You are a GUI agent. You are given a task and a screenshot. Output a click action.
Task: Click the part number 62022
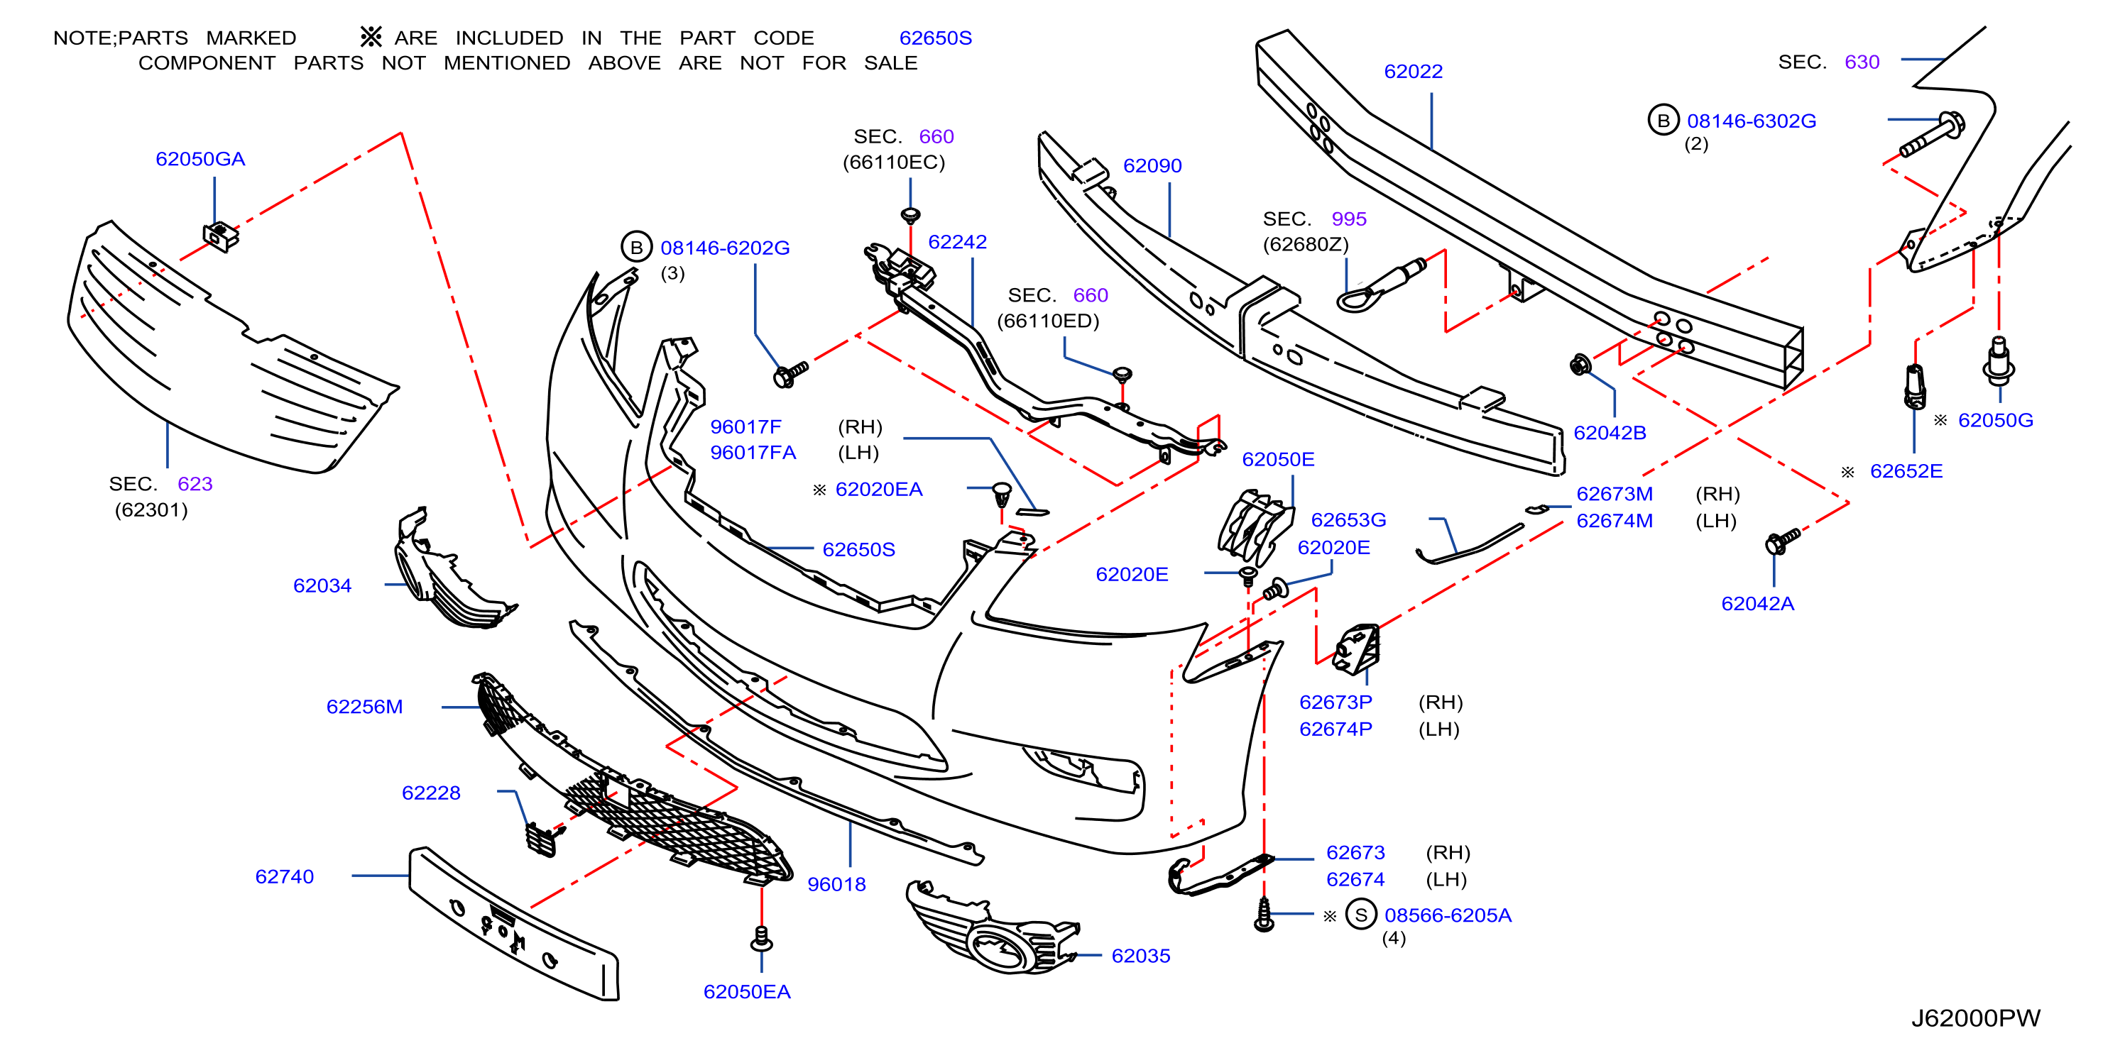pos(1413,72)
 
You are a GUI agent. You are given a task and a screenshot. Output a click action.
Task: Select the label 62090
pos(1152,166)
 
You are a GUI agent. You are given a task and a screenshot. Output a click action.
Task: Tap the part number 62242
pos(957,241)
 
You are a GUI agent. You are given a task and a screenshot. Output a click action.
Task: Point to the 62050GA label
pos(200,159)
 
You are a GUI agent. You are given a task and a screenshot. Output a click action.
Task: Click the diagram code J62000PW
pos(1976,1018)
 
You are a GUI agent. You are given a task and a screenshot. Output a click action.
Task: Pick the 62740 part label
pos(285,876)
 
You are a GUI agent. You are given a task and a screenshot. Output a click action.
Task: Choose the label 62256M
pos(365,707)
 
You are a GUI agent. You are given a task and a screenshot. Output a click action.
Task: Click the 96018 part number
pos(836,884)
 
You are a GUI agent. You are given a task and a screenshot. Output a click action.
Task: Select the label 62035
pos(1141,956)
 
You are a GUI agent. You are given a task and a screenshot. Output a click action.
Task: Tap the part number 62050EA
pos(747,992)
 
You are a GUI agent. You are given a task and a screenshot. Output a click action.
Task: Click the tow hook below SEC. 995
pos(1382,285)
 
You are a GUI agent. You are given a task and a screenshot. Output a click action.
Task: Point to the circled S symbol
pos(1361,915)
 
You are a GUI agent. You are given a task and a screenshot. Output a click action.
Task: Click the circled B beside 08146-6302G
pos(1663,121)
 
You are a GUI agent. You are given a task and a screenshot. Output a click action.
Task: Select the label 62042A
pos(1757,604)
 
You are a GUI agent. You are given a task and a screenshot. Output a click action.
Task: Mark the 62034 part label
pos(322,585)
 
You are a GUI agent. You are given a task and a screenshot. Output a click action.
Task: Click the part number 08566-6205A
pos(1448,915)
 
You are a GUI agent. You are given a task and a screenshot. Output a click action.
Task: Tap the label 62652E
pos(1906,471)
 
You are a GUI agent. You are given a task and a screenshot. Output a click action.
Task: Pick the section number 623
pos(195,484)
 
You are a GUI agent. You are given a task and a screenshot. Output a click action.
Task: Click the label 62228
pos(431,793)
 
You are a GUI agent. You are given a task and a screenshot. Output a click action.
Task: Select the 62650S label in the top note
pos(936,38)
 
